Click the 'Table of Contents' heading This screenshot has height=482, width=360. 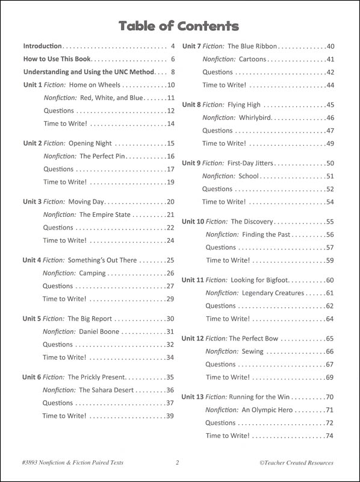tap(179, 26)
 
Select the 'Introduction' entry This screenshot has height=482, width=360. tap(42, 46)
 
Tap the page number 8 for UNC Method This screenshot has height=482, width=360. tap(172, 72)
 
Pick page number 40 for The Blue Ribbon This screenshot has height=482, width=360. tap(330, 46)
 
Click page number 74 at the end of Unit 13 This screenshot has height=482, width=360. tap(329, 436)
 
